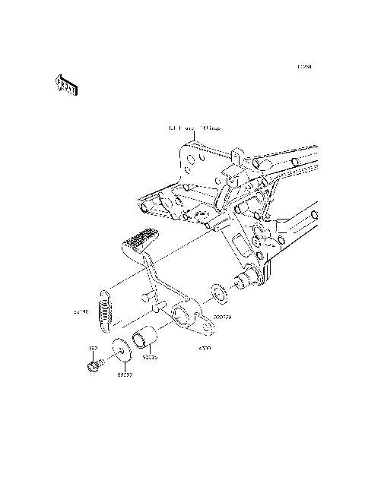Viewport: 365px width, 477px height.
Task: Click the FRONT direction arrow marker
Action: (65, 86)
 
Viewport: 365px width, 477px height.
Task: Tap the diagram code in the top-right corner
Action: (304, 67)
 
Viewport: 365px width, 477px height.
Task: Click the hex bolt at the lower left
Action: (93, 366)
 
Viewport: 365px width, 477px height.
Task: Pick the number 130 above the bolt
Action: (94, 349)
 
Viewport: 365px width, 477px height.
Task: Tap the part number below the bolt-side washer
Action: (125, 374)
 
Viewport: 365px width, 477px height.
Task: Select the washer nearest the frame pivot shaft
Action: (217, 292)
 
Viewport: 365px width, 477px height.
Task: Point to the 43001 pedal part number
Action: (204, 348)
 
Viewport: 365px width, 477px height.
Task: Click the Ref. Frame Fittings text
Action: (195, 130)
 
